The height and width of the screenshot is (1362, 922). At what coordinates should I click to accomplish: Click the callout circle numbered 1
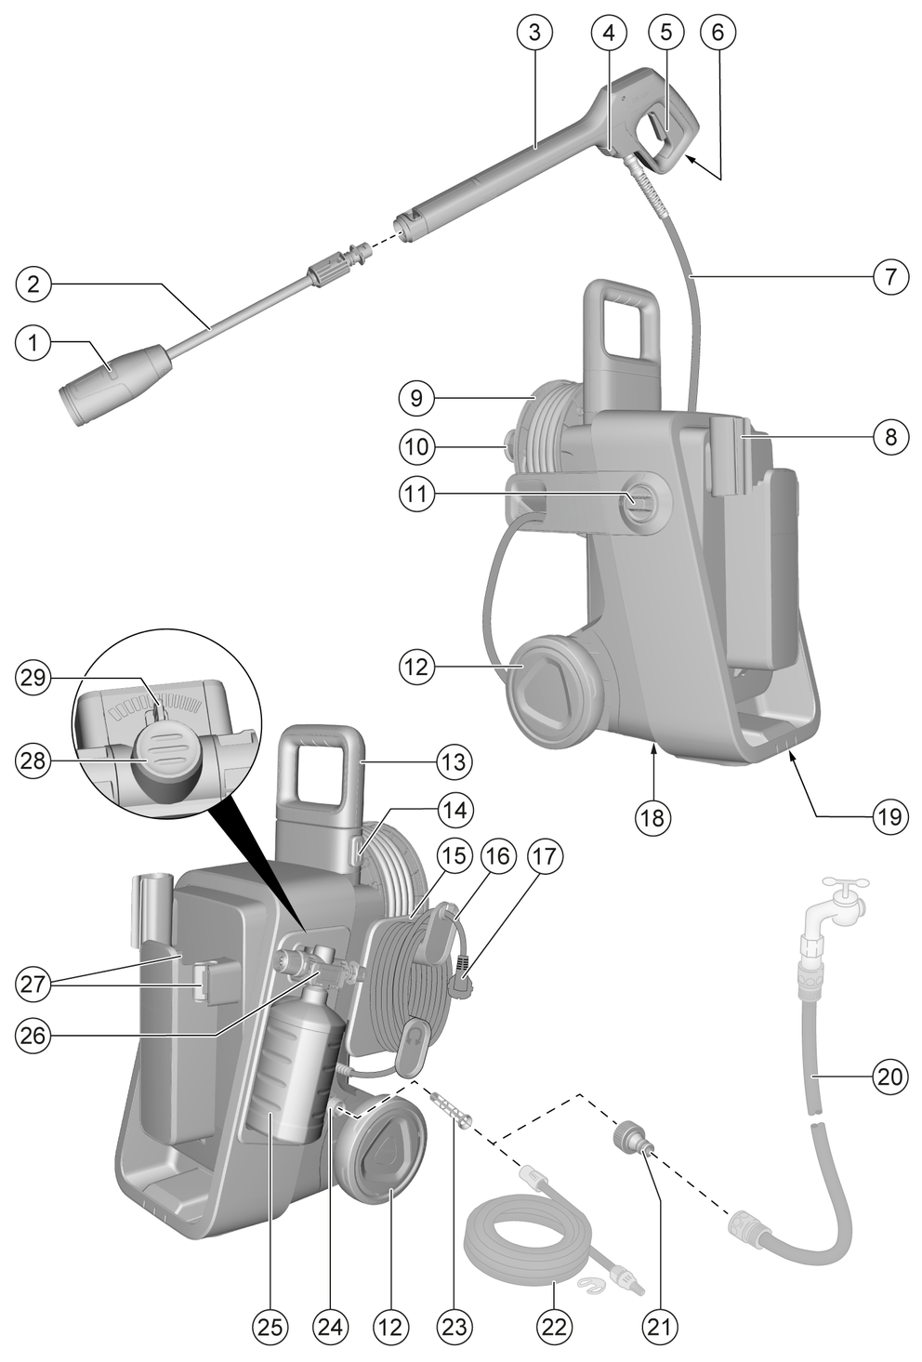tap(33, 343)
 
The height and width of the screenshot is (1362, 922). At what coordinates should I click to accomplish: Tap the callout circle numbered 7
tap(890, 277)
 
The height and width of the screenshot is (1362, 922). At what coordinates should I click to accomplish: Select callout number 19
tap(889, 817)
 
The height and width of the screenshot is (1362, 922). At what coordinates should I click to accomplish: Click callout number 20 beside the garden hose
tap(890, 1078)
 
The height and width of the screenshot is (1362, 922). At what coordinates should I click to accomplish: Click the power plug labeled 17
tap(461, 982)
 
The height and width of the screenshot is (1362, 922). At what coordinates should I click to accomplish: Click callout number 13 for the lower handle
tap(455, 761)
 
